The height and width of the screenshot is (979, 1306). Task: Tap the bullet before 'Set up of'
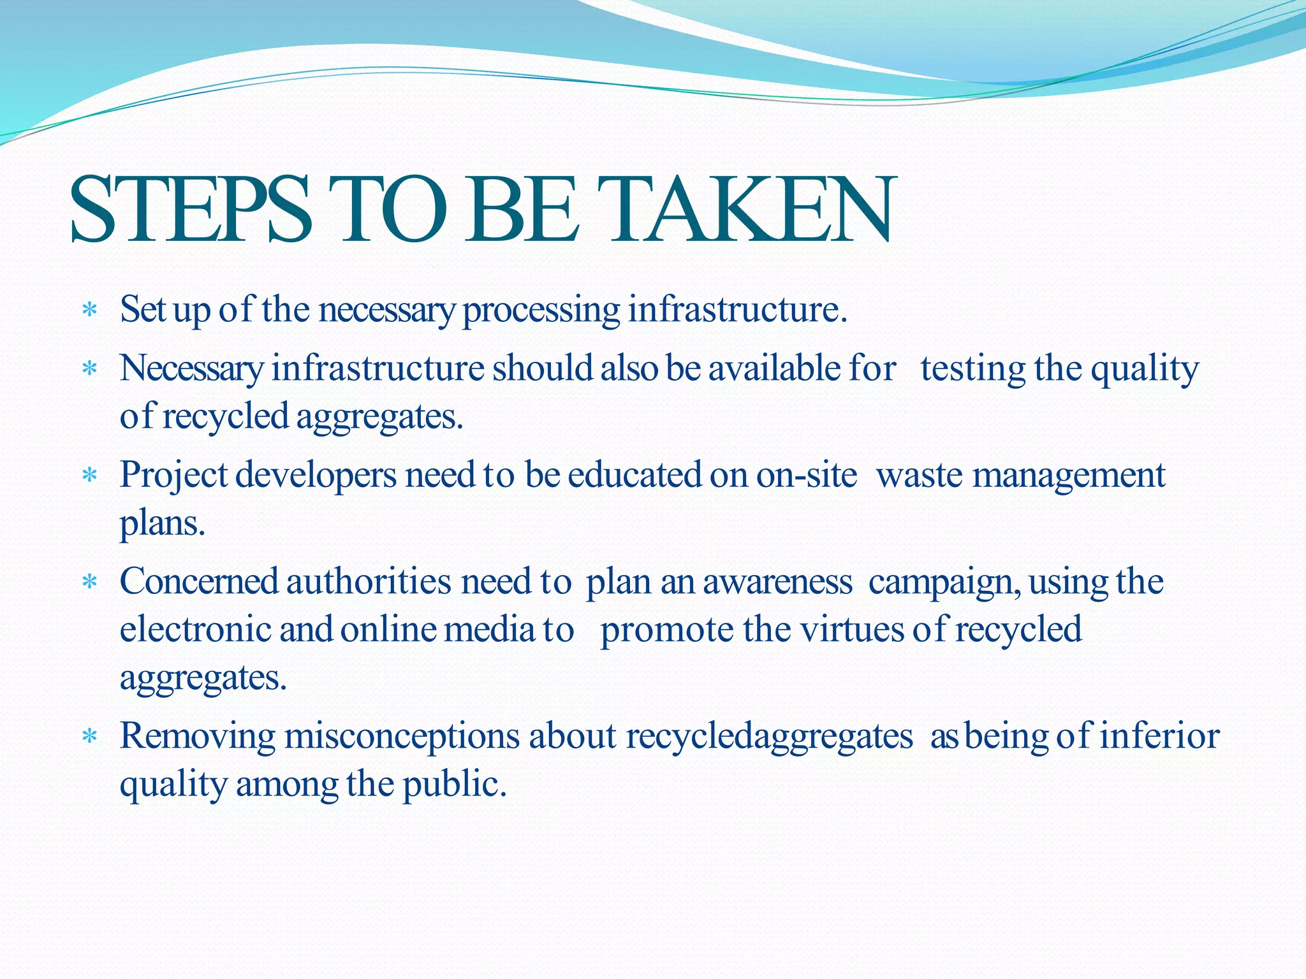click(90, 310)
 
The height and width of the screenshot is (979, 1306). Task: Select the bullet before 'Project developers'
click(90, 475)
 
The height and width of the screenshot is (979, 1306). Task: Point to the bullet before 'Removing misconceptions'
click(90, 737)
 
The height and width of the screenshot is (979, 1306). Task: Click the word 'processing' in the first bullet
click(541, 310)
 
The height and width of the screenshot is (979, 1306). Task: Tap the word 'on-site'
click(806, 475)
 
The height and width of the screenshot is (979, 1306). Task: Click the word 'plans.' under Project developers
click(162, 524)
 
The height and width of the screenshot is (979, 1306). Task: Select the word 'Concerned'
click(199, 582)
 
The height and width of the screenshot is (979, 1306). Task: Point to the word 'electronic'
click(195, 630)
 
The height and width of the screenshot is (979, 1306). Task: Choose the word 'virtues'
click(852, 630)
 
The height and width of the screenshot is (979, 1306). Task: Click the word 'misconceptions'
click(402, 737)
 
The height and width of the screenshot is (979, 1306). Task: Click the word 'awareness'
click(777, 582)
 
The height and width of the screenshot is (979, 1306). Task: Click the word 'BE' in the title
click(520, 210)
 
